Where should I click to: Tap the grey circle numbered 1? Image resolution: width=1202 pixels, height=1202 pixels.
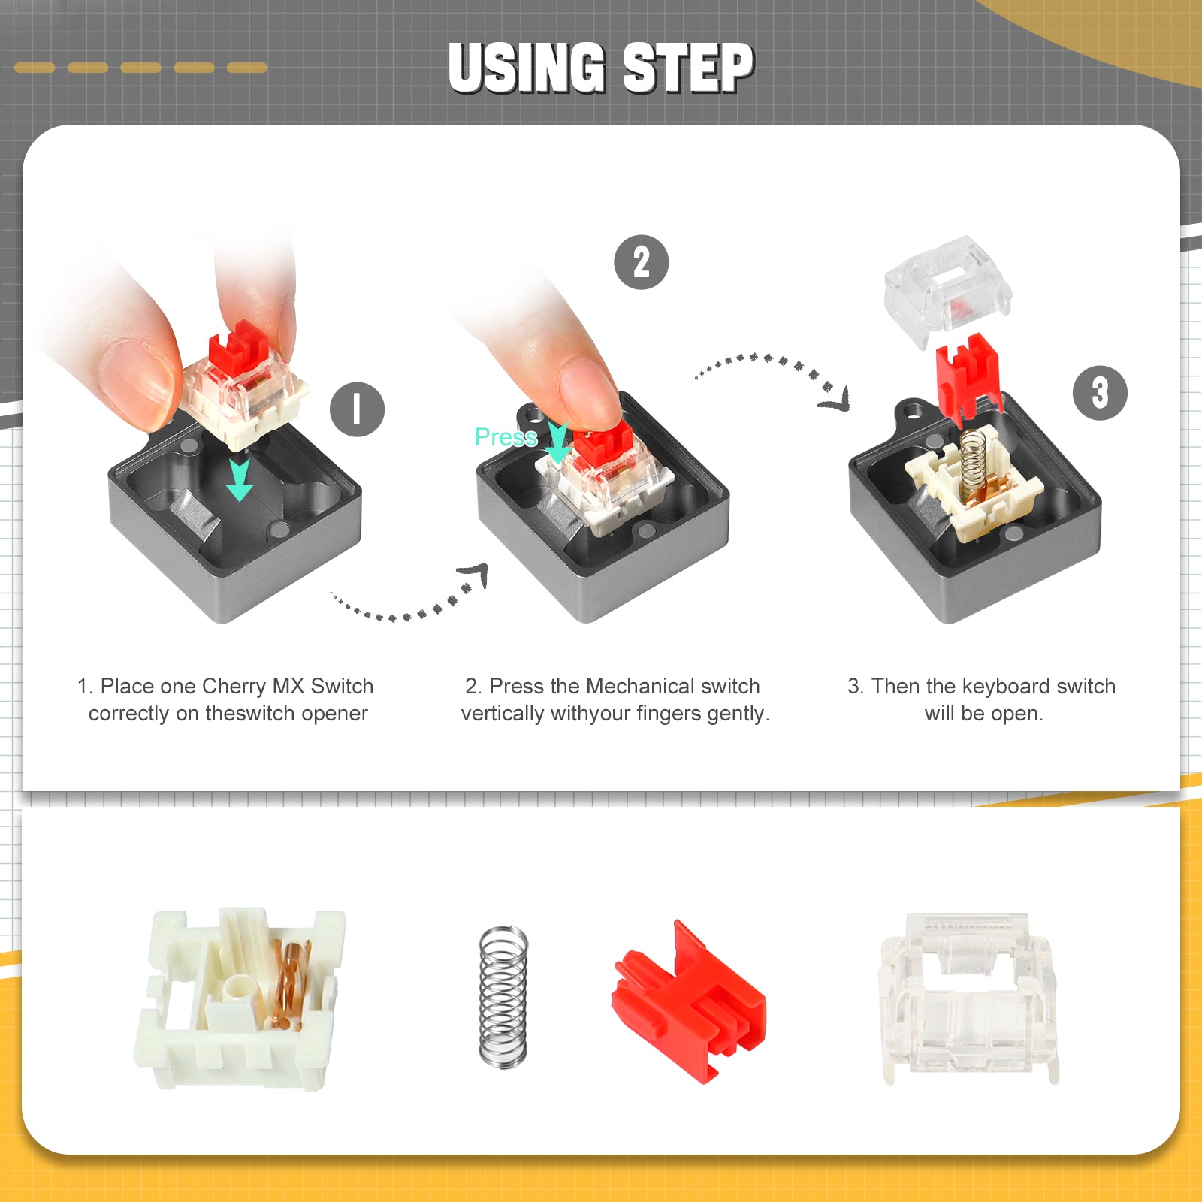(x=357, y=409)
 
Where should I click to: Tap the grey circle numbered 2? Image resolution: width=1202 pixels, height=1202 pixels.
(x=641, y=262)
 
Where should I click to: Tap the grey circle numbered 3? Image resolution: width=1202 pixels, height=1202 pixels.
(x=1100, y=392)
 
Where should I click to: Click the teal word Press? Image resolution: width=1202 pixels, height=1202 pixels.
(x=506, y=436)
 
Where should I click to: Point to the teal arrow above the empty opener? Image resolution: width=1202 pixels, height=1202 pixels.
(x=240, y=479)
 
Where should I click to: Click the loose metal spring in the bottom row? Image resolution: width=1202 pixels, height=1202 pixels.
(x=503, y=996)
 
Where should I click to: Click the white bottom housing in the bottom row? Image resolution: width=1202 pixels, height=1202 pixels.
(x=239, y=999)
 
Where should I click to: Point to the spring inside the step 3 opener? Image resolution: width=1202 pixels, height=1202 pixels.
(x=972, y=458)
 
